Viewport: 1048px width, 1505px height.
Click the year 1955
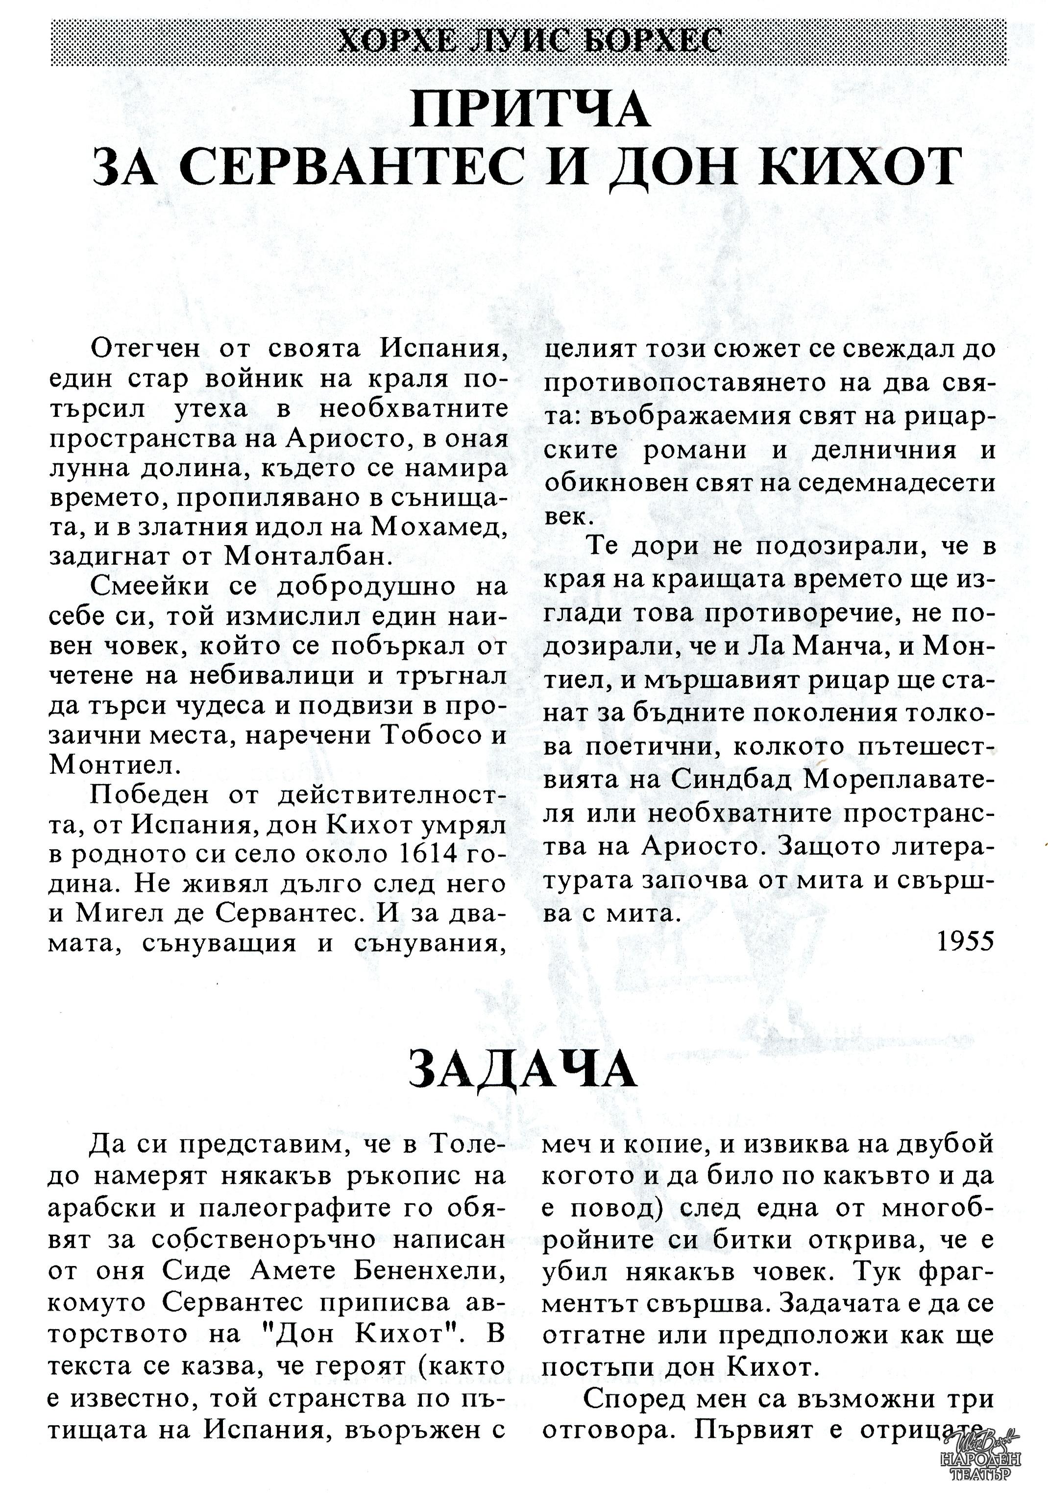(x=965, y=941)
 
